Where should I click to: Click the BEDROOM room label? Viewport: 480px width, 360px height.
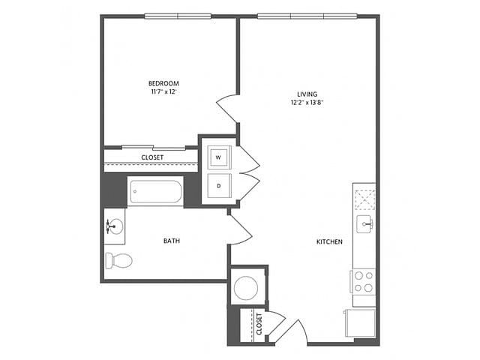coord(163,83)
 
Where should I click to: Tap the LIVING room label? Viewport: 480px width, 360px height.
coord(307,94)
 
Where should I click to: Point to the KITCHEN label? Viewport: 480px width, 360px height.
coord(329,241)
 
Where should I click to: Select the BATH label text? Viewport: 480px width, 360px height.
coord(172,241)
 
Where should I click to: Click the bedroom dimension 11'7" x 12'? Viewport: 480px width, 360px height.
coord(163,91)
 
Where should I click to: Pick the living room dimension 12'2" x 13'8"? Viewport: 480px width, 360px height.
coord(307,103)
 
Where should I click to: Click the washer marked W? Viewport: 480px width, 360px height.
coord(219,157)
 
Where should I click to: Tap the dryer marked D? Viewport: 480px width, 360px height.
coord(219,185)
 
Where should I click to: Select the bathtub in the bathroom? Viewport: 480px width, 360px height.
coord(156,191)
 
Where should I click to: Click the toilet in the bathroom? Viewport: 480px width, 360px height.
coord(118,261)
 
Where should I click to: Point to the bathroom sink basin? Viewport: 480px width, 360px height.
coord(115,226)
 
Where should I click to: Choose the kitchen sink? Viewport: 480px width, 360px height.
coord(364,224)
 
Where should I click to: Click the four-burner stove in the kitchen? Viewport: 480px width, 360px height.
coord(363,282)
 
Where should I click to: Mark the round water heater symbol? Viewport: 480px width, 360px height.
coord(245,287)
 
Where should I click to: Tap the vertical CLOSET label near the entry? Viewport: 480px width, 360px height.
coord(259,324)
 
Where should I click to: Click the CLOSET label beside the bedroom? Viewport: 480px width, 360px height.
coord(152,157)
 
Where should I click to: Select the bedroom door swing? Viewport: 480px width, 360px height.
coord(227,109)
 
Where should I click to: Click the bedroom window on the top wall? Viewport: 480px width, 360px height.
coord(178,16)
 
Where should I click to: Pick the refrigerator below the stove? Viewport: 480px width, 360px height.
coord(360,323)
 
